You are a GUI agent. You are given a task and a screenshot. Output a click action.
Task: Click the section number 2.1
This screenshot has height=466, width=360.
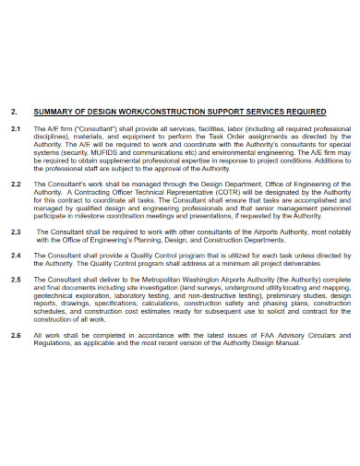pyautogui.click(x=15, y=129)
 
